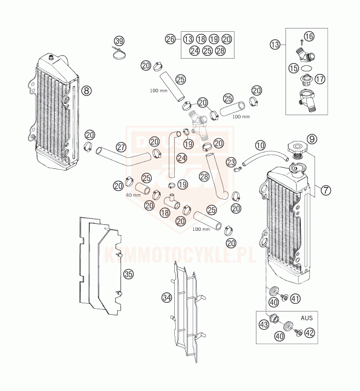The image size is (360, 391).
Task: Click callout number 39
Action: coord(119,41)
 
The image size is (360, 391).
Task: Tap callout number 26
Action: coord(170,39)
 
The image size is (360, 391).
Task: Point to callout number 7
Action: coord(326,190)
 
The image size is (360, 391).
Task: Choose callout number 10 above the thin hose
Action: coord(260,145)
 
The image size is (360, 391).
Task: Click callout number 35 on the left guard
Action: coord(128,273)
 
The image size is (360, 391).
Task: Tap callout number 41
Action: coord(295,299)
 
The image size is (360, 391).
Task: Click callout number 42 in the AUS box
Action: coord(310,332)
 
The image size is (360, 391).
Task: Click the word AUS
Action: coord(307,318)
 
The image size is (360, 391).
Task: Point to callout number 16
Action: coord(309,37)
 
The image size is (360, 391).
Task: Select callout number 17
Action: coord(319,78)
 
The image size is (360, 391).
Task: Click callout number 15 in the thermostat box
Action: coord(294,69)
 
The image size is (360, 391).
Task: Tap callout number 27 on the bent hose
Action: coord(121,147)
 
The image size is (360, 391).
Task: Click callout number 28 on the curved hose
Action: coord(204,177)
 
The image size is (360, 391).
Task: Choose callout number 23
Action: coord(231,162)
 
